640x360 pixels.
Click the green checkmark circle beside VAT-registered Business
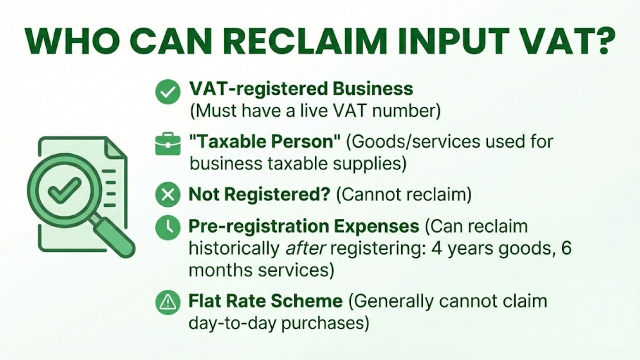[x=167, y=91]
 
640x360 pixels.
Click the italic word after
[x=305, y=249]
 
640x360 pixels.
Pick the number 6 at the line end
[x=566, y=249]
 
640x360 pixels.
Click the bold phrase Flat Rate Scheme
[x=266, y=300]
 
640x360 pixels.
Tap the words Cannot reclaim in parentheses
[x=403, y=195]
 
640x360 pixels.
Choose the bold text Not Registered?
[x=260, y=195]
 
